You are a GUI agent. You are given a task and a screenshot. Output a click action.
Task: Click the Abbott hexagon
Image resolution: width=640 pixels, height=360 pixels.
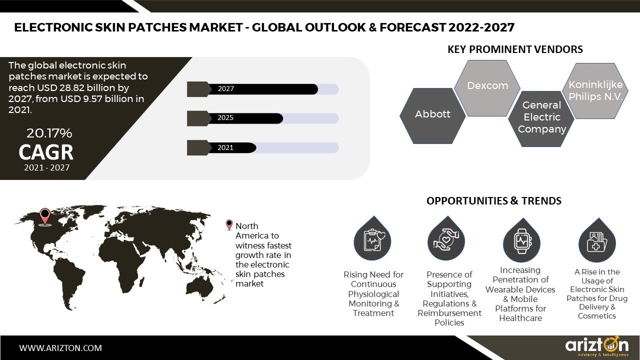tap(432, 114)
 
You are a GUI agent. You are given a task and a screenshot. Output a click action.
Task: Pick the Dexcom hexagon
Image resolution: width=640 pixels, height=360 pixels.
tap(487, 86)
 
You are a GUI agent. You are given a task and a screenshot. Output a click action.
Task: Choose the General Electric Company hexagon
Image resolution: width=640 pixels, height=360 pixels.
tap(541, 117)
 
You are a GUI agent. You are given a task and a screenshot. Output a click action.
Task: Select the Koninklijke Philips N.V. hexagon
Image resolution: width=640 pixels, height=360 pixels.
tap(595, 91)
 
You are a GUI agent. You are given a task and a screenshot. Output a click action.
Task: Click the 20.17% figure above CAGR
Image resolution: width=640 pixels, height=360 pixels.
tap(49, 133)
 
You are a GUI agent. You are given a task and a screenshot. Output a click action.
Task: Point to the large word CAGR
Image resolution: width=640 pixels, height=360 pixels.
tap(46, 151)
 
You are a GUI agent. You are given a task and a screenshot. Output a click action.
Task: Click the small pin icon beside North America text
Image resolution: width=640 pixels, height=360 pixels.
tap(229, 225)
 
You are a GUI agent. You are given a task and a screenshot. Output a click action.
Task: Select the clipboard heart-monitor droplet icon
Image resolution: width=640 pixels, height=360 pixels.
tap(372, 240)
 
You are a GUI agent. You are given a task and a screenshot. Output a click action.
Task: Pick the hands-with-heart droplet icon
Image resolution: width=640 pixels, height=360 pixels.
tap(446, 240)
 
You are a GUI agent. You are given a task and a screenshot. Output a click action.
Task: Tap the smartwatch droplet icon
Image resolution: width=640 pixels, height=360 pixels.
tap(521, 240)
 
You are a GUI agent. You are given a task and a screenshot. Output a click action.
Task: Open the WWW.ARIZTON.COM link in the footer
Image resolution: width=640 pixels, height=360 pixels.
tap(60, 347)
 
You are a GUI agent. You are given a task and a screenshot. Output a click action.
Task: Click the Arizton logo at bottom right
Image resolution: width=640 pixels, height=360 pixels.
tap(596, 346)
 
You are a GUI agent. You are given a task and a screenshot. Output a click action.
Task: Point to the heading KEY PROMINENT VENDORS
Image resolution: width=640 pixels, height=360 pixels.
tap(515, 49)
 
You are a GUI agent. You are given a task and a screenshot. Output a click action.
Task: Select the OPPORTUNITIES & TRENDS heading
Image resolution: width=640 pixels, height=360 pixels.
tap(493, 201)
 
